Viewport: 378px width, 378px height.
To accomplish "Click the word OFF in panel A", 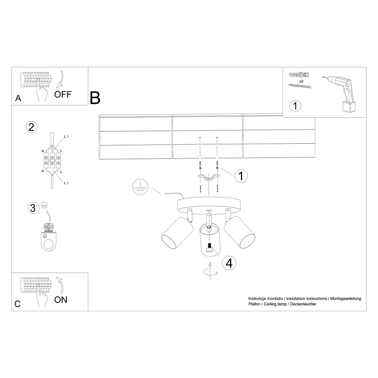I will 63,94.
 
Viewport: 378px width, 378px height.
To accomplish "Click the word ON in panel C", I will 61,300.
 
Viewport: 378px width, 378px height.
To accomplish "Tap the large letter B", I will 95,98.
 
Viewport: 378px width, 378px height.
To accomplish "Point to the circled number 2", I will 31,127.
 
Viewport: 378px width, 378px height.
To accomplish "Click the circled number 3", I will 32,208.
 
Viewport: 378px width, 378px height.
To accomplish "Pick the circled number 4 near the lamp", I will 229,263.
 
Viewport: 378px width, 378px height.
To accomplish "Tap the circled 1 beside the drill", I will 295,106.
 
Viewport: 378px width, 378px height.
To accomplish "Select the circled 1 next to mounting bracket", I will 241,176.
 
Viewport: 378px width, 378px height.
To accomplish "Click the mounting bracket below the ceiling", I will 208,178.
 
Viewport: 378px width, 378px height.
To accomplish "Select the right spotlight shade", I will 240,232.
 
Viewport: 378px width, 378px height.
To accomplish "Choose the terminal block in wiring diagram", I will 52,159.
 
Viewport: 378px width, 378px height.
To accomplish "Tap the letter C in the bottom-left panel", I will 18,304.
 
